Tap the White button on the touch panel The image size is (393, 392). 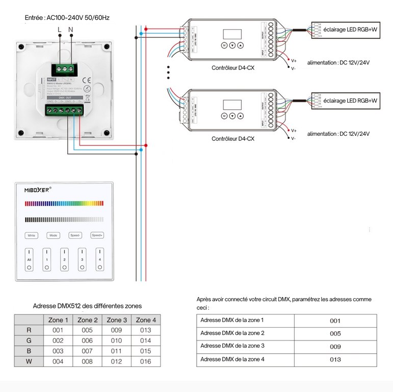[32, 235]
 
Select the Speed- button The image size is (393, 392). [75, 235]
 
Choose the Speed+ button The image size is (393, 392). [97, 235]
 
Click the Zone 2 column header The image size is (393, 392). [88, 320]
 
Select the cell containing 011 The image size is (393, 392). [117, 351]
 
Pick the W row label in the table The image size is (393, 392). [29, 362]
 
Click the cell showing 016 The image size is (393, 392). [146, 362]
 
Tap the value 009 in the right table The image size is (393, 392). [335, 346]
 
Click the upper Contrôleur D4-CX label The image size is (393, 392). [233, 68]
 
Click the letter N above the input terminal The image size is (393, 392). [71, 30]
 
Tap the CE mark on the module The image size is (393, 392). [87, 80]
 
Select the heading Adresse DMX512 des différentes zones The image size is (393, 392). [87, 306]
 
